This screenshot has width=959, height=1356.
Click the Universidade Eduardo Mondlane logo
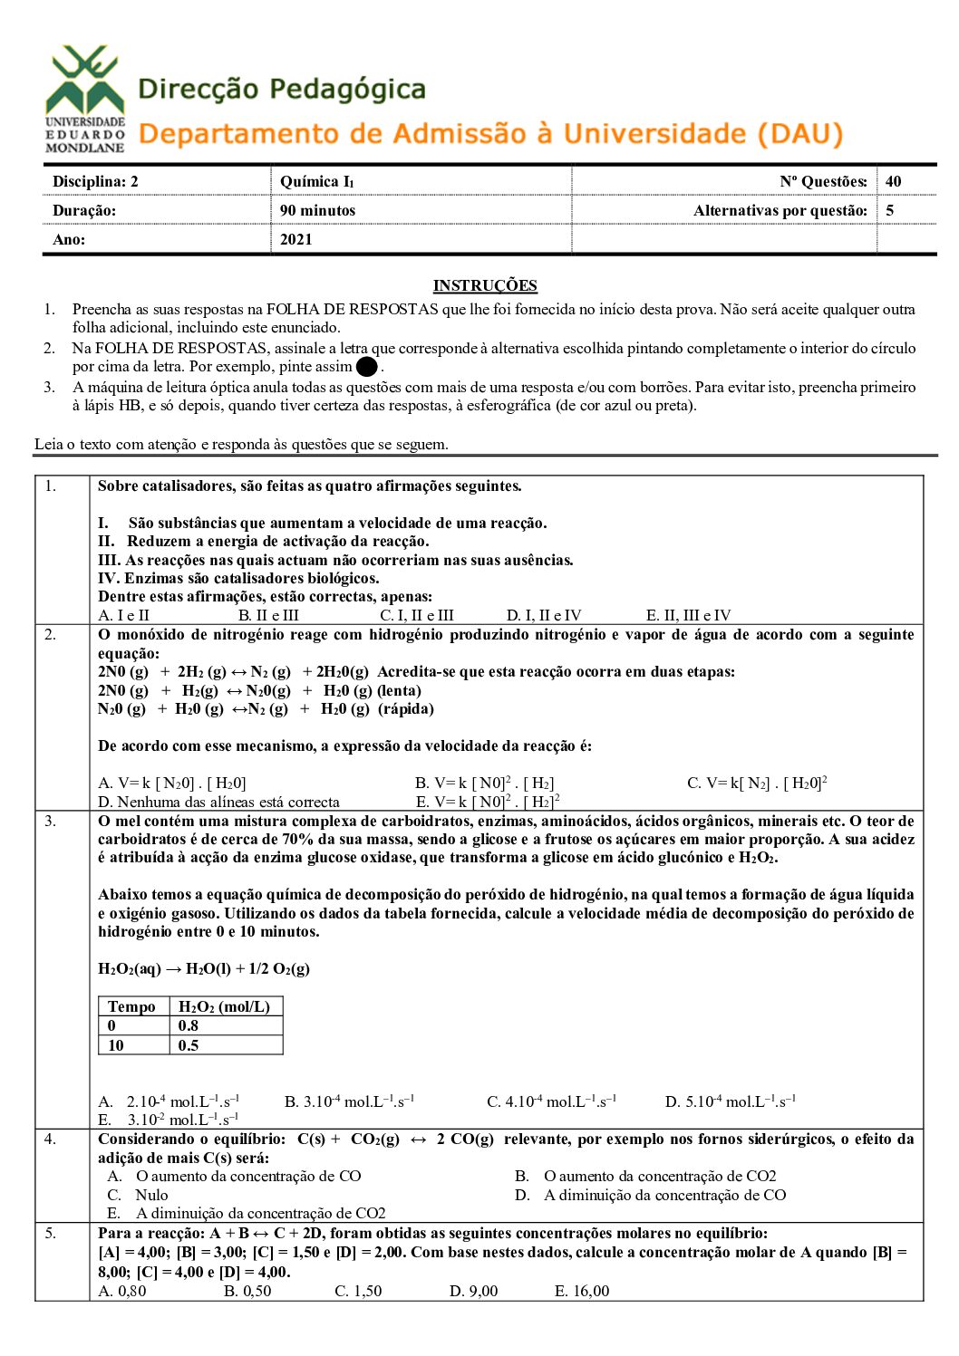click(85, 99)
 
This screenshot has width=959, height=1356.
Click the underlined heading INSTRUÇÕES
click(485, 285)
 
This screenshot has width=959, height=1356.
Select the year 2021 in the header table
click(296, 239)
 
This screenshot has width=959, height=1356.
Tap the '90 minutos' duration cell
click(317, 210)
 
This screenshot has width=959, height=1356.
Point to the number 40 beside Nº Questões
click(894, 181)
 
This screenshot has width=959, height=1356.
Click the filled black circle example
click(366, 367)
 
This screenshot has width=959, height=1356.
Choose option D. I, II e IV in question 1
click(544, 615)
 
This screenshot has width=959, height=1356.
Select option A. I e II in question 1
click(123, 615)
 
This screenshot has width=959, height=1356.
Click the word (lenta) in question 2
click(399, 690)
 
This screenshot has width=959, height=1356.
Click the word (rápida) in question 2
click(406, 708)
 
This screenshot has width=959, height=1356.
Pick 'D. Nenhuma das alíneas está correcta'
click(218, 802)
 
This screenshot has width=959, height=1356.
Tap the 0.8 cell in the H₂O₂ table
click(189, 1025)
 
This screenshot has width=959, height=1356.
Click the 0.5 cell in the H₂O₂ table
click(189, 1045)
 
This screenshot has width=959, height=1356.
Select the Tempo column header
click(131, 1006)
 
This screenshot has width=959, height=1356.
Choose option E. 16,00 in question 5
click(582, 1291)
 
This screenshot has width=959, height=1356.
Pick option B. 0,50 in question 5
click(247, 1291)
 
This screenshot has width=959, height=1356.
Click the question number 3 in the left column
click(51, 821)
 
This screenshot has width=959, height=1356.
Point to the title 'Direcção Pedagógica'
click(282, 89)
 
